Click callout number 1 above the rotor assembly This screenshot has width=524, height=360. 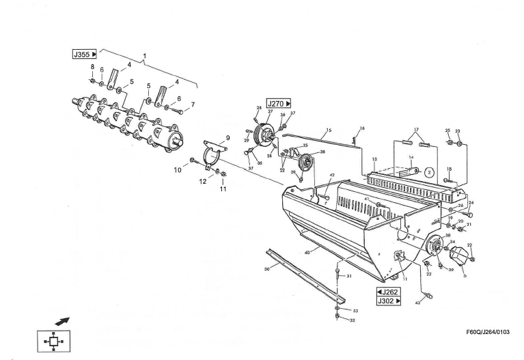[x=145, y=54]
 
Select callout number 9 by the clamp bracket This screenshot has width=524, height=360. [x=227, y=138]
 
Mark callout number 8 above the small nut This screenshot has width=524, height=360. [x=92, y=66]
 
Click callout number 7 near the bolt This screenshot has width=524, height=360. [x=192, y=105]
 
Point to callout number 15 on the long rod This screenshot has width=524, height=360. [x=329, y=130]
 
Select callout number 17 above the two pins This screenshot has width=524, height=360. [x=415, y=130]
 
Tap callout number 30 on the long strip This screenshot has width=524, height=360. [x=267, y=268]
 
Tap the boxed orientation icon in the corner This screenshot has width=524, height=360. [x=52, y=340]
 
